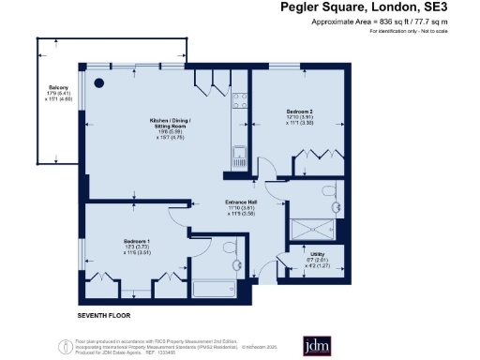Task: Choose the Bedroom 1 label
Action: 137,246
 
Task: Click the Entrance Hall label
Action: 242,208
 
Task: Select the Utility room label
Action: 316,258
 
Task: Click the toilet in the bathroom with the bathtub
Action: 231,247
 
